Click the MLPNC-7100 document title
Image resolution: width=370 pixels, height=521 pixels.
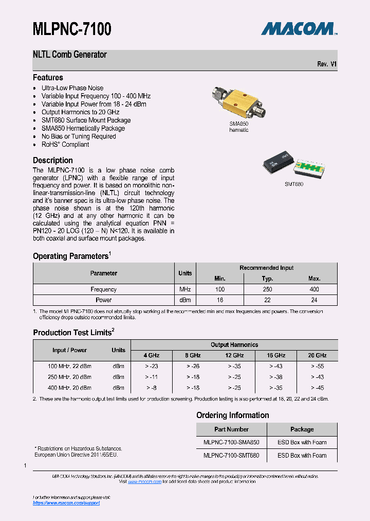click(x=72, y=29)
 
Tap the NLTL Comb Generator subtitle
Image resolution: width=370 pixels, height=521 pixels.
click(x=70, y=55)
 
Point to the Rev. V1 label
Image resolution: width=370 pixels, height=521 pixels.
click(x=327, y=64)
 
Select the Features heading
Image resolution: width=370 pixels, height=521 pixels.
click(x=48, y=78)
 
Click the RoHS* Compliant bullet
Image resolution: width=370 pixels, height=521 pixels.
click(x=65, y=145)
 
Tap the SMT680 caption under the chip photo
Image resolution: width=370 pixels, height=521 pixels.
click(x=294, y=184)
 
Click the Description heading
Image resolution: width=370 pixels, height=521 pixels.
click(x=53, y=161)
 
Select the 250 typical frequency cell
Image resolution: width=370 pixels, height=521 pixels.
click(x=267, y=289)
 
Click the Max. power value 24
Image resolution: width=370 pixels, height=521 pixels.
click(x=314, y=300)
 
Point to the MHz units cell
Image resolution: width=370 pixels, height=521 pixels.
click(x=185, y=289)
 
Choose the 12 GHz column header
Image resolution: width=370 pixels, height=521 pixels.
click(x=234, y=356)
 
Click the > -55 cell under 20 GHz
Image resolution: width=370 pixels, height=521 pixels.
click(x=317, y=366)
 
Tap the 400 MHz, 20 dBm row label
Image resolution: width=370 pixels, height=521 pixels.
click(x=69, y=388)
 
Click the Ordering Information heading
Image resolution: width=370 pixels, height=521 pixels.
click(x=233, y=415)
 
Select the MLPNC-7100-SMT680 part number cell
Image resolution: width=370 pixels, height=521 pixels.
click(x=231, y=456)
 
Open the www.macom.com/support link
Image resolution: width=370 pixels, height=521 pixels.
click(x=66, y=503)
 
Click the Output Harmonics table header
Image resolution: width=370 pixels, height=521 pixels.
click(x=234, y=345)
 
